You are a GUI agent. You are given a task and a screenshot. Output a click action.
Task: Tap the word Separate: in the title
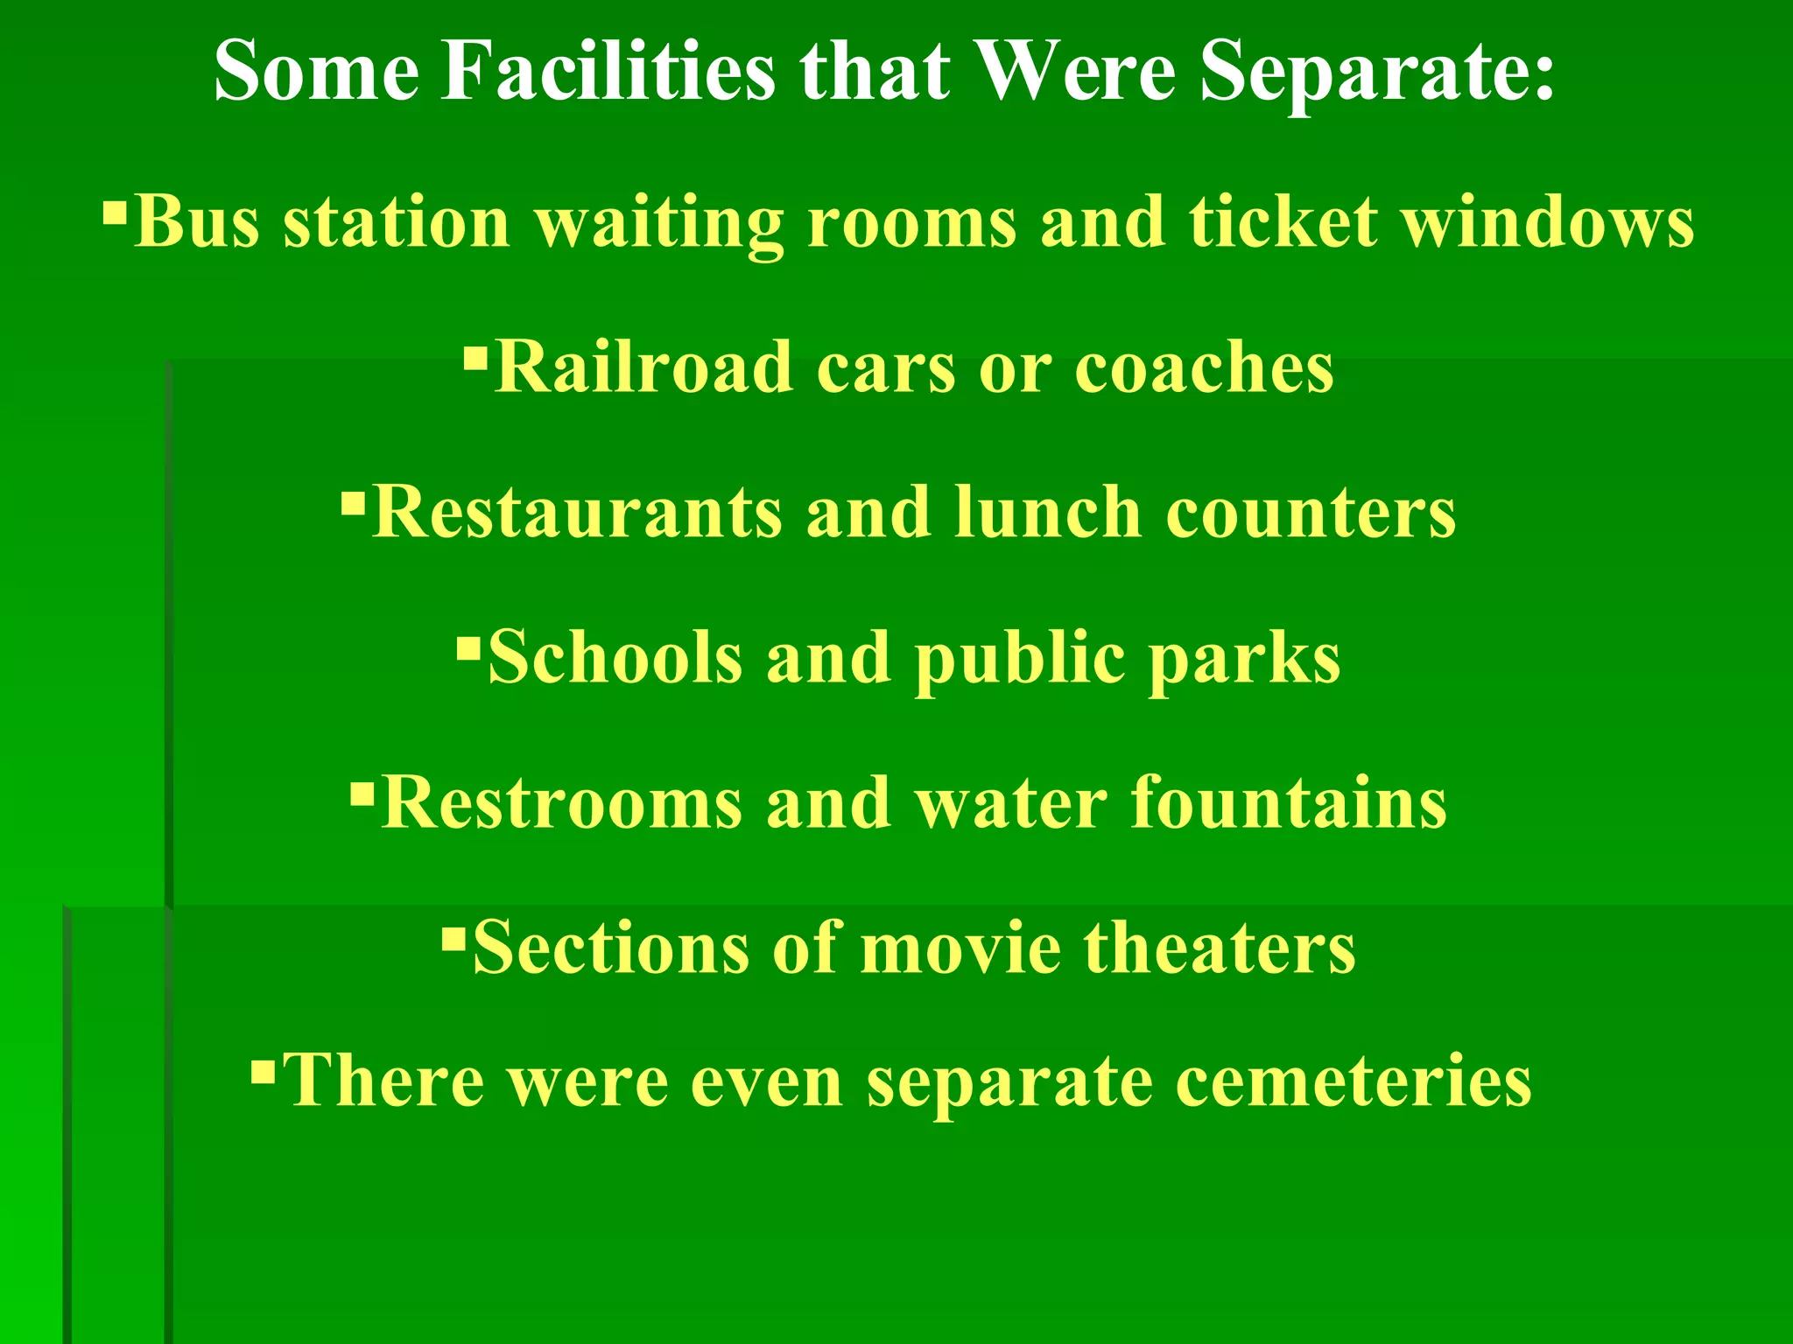click(x=1377, y=72)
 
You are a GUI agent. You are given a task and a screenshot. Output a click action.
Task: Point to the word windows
click(x=1548, y=220)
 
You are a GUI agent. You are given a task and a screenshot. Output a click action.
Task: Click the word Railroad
click(x=643, y=367)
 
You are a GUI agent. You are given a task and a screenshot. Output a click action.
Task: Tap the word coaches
click(x=1204, y=367)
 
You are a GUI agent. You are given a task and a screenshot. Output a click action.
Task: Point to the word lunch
click(x=1048, y=512)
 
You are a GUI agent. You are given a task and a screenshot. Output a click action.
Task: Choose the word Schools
click(x=615, y=657)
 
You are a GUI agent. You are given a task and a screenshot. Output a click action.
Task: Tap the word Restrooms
click(x=562, y=802)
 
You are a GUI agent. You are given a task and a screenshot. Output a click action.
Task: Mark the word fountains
click(x=1289, y=802)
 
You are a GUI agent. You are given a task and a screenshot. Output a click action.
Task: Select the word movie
click(x=960, y=948)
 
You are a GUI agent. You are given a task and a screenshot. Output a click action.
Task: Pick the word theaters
click(x=1220, y=948)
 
